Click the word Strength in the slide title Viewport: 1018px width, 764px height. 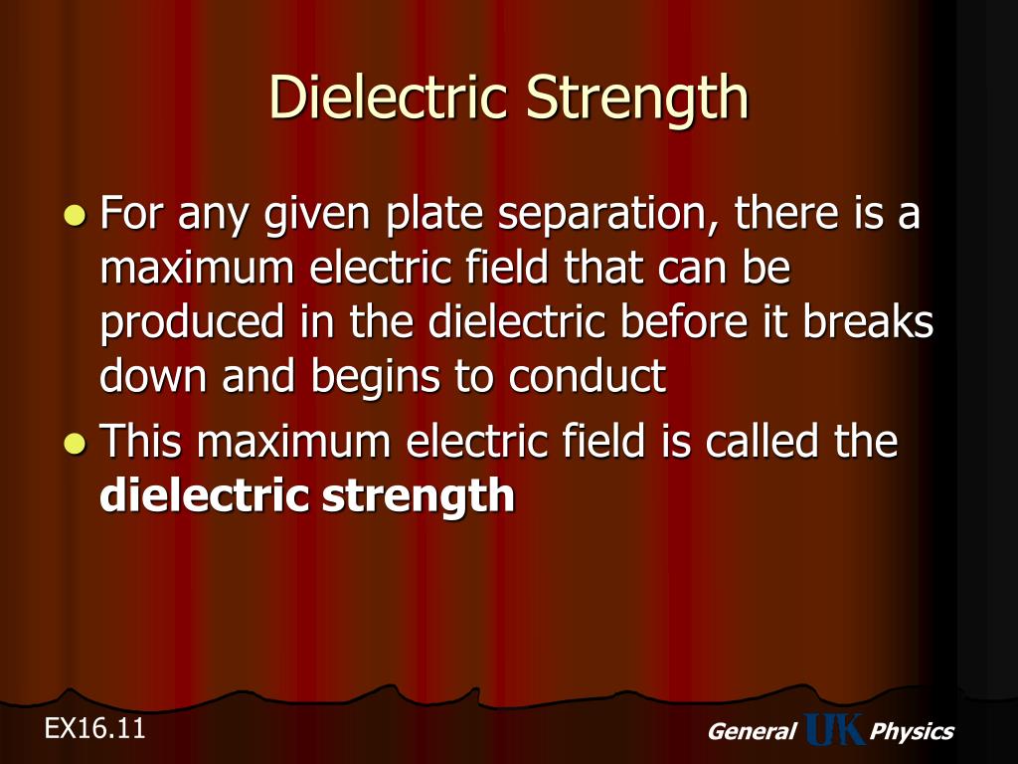coord(636,97)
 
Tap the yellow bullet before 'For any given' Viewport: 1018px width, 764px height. coord(74,215)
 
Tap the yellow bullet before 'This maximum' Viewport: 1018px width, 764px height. coord(74,442)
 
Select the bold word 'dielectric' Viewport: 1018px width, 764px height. coord(205,495)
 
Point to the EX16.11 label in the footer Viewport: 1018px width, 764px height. coord(94,728)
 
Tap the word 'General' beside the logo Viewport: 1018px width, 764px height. coord(751,732)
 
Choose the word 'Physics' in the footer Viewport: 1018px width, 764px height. coord(911,732)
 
